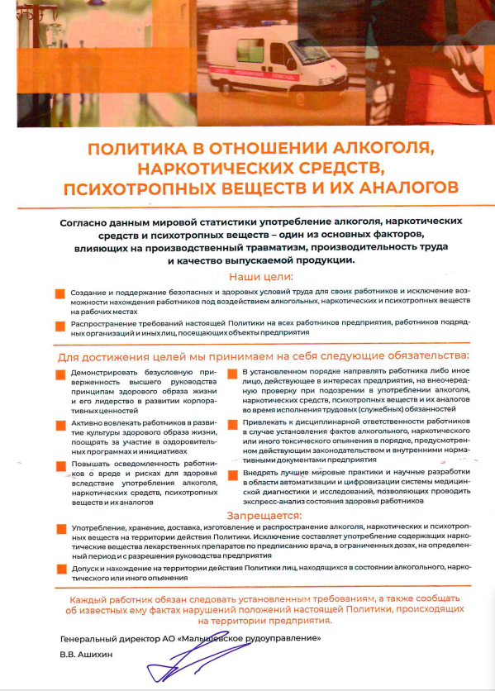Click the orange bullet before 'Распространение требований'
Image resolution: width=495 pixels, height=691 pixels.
tap(59, 324)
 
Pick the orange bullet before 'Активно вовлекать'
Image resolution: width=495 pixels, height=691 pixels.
tap(59, 424)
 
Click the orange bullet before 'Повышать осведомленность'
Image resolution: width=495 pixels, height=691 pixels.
tap(59, 465)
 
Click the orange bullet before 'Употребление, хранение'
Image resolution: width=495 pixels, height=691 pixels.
tap(59, 527)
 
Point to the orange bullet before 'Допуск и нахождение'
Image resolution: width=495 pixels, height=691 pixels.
tap(59, 569)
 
